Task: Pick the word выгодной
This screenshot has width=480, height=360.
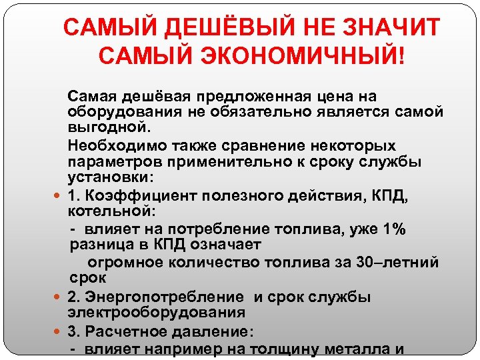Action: click(x=100, y=127)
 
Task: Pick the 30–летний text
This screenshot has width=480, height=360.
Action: click(x=393, y=262)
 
